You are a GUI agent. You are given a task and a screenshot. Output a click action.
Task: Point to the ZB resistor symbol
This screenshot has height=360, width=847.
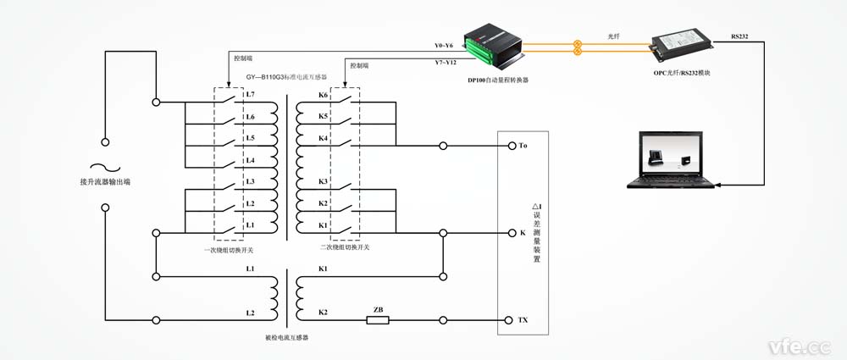377,319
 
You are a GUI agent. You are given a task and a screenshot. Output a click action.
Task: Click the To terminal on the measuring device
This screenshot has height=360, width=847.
512,146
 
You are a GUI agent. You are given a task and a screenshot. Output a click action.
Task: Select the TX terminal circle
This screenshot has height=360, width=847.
512,320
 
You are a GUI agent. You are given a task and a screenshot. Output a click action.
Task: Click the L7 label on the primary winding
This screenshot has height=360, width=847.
250,95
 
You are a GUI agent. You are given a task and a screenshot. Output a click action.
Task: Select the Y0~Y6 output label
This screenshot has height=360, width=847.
444,45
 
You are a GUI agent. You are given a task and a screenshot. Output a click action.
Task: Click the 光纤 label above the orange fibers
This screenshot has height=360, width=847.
615,36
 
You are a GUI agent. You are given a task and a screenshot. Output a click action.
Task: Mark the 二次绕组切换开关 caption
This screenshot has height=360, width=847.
345,247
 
